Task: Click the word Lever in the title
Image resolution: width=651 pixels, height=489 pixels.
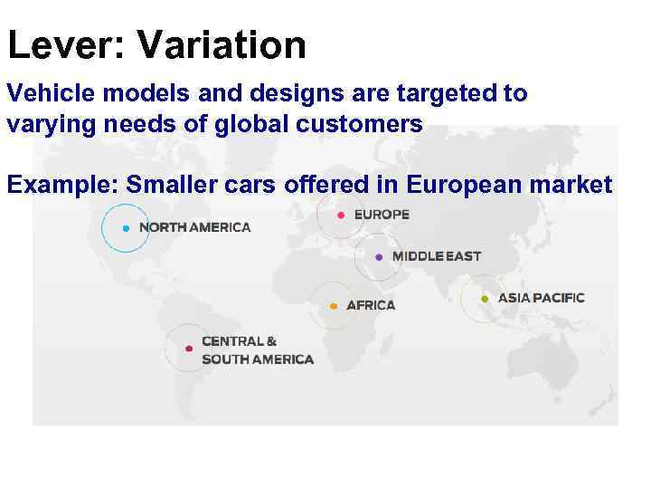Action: [55, 44]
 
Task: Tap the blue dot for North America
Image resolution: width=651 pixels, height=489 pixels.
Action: [126, 228]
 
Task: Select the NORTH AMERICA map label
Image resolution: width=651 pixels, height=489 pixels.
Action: [194, 227]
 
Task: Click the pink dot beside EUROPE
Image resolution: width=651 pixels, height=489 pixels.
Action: [340, 216]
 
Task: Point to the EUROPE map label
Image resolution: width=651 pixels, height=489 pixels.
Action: [381, 215]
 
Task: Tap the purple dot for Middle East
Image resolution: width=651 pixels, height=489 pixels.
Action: [379, 257]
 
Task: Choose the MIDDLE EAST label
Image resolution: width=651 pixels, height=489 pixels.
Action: [437, 256]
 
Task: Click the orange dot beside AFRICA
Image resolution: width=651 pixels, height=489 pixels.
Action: [334, 306]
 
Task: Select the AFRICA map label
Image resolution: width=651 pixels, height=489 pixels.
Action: [371, 305]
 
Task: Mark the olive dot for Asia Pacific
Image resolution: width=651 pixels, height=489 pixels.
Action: [485, 299]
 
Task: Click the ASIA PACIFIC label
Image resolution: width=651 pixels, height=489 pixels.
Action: [542, 298]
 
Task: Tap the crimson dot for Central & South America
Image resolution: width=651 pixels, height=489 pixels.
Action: [188, 349]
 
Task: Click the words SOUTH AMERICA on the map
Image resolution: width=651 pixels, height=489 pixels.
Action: [258, 360]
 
